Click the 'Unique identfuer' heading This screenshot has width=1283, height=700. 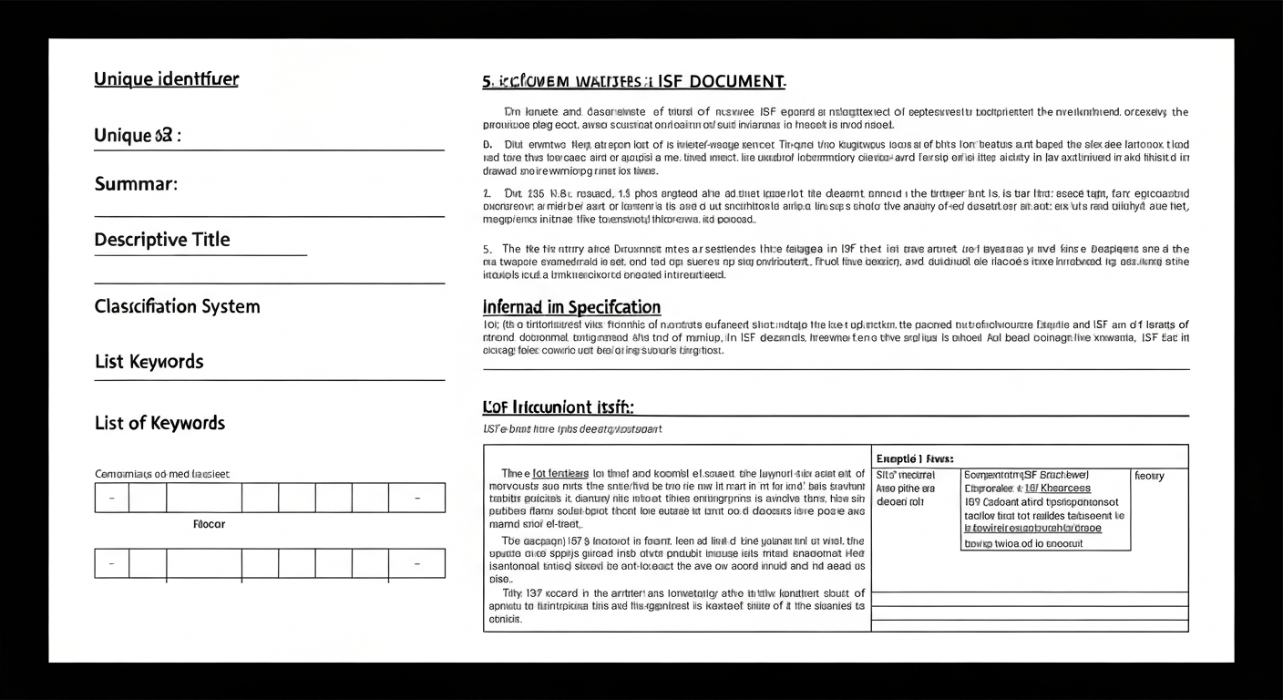pos(166,79)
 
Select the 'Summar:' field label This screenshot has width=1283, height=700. pos(136,184)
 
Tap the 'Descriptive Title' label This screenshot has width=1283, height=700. pos(162,240)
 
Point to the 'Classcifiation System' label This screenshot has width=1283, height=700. pos(177,306)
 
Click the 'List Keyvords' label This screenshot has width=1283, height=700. pos(149,362)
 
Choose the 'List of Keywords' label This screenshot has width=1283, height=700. pos(159,423)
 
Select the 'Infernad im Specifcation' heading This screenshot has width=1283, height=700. pos(571,307)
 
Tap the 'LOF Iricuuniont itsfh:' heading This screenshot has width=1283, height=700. pos(558,407)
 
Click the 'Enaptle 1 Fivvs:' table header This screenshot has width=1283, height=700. pos(914,458)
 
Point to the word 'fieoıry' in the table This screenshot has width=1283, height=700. pos(1149,476)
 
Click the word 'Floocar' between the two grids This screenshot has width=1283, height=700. pos(210,524)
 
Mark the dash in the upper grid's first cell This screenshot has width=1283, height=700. pos(111,499)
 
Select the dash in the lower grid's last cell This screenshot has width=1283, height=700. pos(416,564)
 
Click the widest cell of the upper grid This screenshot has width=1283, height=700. pos(203,499)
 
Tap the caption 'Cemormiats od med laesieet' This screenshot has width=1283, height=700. pos(162,474)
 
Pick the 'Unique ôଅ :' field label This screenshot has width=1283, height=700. pos(138,136)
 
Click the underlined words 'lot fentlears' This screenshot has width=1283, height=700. pos(560,474)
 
